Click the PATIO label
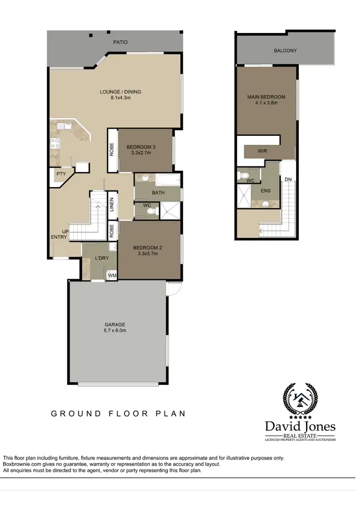[120, 42]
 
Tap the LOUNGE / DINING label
[120, 94]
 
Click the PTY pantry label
[60, 174]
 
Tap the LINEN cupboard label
[111, 205]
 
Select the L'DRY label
[102, 258]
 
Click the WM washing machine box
[111, 275]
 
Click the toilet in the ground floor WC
[152, 210]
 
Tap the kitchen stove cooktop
[55, 142]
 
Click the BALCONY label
[285, 50]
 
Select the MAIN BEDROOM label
[266, 100]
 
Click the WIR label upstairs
[262, 151]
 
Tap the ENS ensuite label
[265, 190]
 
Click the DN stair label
[288, 179]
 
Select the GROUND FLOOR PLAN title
[118, 413]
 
